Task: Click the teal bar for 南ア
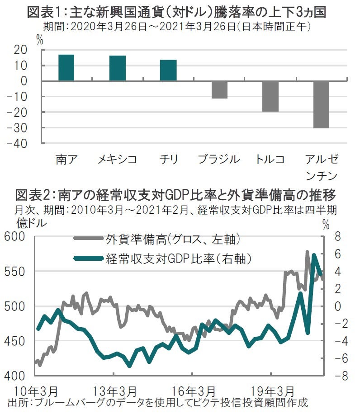click(66, 68)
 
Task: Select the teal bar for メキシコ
click(118, 68)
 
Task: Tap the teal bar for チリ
click(168, 70)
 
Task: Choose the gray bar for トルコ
click(270, 96)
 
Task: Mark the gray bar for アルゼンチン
click(321, 104)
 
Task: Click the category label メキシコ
click(118, 160)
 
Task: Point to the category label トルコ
click(270, 160)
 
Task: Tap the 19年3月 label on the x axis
click(270, 390)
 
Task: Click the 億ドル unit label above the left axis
click(32, 223)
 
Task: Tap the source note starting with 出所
click(158, 402)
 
